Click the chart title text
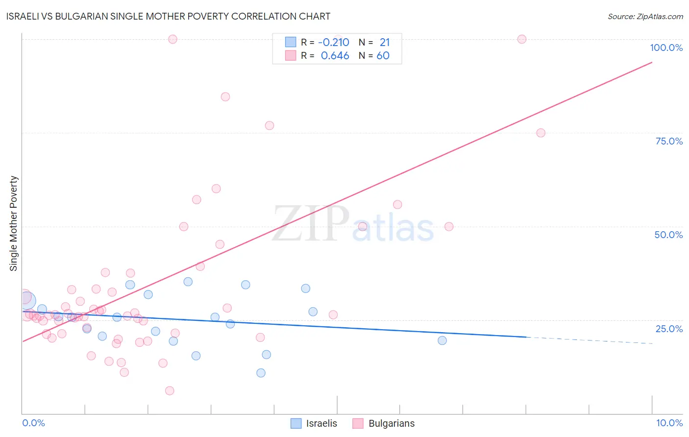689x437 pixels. pyautogui.click(x=168, y=16)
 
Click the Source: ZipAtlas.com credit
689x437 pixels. pyautogui.click(x=645, y=16)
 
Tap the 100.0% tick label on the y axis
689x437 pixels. pyautogui.click(x=666, y=48)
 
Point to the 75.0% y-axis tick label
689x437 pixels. pyautogui.click(x=669, y=141)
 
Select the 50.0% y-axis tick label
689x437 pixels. pyautogui.click(x=668, y=235)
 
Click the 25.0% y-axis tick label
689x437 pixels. pyautogui.click(x=669, y=328)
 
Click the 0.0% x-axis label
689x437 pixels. pyautogui.click(x=33, y=423)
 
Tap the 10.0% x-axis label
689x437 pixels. pyautogui.click(x=669, y=423)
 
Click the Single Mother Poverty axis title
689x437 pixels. pyautogui.click(x=14, y=223)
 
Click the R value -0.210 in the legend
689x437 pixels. pyautogui.click(x=333, y=43)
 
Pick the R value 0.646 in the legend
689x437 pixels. pyautogui.click(x=335, y=56)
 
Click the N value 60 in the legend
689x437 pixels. pyautogui.click(x=383, y=56)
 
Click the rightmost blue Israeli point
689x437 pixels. pyautogui.click(x=442, y=340)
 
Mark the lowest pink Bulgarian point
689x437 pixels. pyautogui.click(x=170, y=390)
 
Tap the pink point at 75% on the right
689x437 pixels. pyautogui.click(x=541, y=133)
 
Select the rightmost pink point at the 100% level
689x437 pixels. pyautogui.click(x=522, y=39)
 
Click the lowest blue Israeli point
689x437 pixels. pyautogui.click(x=261, y=373)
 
